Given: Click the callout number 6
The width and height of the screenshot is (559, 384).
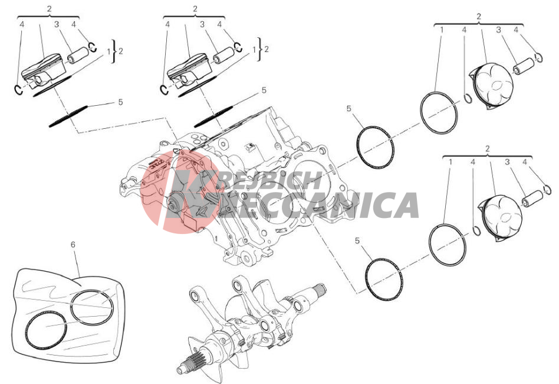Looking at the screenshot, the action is point(73,245).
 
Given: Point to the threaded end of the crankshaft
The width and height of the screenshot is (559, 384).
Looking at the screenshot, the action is point(318,289).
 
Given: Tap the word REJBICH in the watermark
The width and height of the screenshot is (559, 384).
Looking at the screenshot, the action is point(269,180).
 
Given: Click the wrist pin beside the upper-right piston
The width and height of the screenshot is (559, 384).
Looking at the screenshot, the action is point(524,66).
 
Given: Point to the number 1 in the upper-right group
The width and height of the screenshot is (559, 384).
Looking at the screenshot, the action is point(441,30).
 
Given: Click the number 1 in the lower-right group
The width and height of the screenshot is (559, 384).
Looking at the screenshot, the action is point(450,162).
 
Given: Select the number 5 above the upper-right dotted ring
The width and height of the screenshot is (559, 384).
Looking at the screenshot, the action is point(348,108).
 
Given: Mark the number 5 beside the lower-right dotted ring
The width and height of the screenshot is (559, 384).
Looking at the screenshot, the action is point(357,241).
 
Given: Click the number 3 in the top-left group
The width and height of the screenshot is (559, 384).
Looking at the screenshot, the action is point(57,24).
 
